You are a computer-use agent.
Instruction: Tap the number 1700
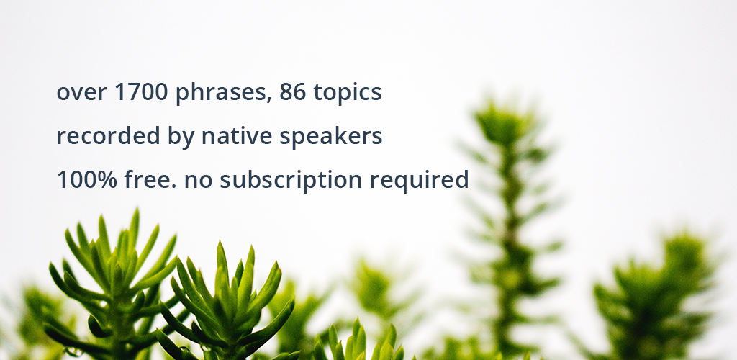tap(141, 91)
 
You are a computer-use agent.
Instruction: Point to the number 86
tap(292, 91)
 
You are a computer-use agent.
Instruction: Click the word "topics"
tap(348, 93)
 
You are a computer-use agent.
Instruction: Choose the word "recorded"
tap(108, 136)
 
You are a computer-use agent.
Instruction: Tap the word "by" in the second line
tap(181, 138)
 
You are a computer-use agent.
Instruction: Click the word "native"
tap(236, 136)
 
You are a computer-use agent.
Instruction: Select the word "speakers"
tap(331, 138)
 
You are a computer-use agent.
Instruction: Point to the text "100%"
tap(86, 180)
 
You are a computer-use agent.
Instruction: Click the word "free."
tap(150, 179)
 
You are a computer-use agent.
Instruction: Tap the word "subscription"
tap(291, 181)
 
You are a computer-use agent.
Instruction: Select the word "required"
tap(419, 181)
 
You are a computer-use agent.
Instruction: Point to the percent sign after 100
tap(106, 180)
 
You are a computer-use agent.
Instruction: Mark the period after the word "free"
tap(173, 186)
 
